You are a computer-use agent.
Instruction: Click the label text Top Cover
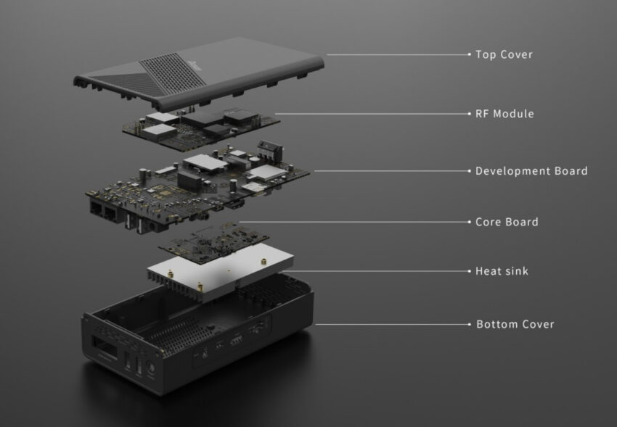coord(504,54)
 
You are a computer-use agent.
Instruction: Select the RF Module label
coord(504,114)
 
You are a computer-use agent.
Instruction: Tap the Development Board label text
coord(531,171)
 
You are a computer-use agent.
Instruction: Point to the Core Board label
coord(507,222)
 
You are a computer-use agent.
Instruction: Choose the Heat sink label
coord(502,271)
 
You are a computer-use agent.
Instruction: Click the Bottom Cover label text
coord(515,324)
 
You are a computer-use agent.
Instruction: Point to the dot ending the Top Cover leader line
coord(470,54)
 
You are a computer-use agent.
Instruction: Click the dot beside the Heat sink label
coord(470,271)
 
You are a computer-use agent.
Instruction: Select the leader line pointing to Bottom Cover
coord(392,324)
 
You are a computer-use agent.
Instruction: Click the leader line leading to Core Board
coord(356,222)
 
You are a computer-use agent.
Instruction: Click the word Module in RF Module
coord(514,114)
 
